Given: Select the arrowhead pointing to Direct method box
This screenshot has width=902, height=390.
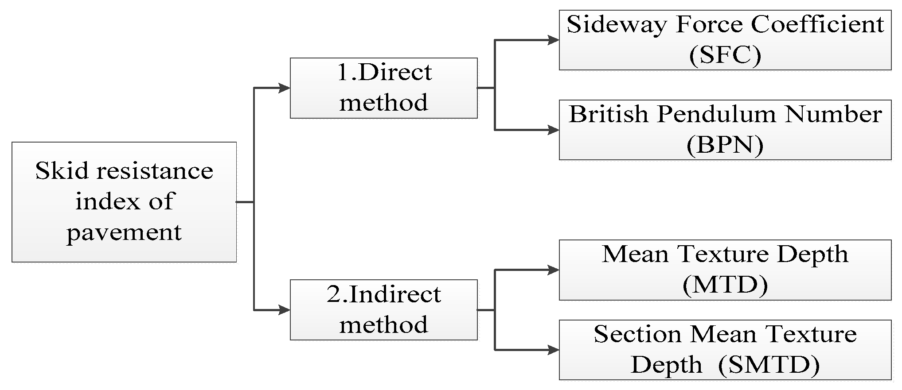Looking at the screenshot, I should click(x=284, y=88).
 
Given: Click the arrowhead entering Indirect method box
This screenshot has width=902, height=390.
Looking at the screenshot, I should click(x=284, y=310).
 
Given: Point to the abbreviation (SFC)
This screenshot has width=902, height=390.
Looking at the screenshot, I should click(x=725, y=55).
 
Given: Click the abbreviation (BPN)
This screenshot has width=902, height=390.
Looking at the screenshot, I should click(x=725, y=145).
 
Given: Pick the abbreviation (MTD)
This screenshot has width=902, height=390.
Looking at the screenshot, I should click(x=725, y=285).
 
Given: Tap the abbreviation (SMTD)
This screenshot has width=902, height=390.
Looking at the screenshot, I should click(x=769, y=365).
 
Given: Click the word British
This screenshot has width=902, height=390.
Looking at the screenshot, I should click(x=609, y=115).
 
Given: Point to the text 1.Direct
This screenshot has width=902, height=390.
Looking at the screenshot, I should click(x=384, y=73).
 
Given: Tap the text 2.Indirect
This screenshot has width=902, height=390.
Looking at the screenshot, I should click(x=384, y=295).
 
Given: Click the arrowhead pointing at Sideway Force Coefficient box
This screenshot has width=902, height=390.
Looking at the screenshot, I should click(x=553, y=40).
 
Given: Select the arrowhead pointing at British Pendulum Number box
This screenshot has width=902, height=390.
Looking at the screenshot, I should click(x=553, y=130).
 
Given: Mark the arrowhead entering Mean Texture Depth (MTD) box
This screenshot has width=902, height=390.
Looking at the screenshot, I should click(x=553, y=270).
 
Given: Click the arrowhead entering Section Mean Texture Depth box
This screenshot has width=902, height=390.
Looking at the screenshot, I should click(x=553, y=350).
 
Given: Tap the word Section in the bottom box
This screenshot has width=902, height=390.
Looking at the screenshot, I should click(x=637, y=334).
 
